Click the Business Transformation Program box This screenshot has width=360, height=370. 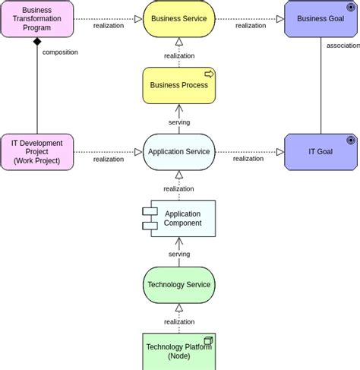click(37, 19)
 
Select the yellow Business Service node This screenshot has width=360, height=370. click(179, 19)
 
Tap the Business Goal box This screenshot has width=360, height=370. click(321, 19)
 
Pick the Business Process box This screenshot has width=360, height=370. click(179, 85)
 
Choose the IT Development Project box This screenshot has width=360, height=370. click(37, 152)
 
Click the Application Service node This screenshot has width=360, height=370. click(179, 152)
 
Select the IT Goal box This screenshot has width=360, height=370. click(321, 152)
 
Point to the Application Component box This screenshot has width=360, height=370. click(179, 219)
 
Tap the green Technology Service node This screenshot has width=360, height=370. click(179, 285)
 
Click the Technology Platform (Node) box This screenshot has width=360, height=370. click(179, 352)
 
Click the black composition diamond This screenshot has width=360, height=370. click(37, 42)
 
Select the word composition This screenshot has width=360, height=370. click(60, 52)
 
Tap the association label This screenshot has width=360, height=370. click(343, 46)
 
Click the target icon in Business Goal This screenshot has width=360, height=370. click(351, 8)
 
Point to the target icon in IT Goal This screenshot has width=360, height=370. click(351, 140)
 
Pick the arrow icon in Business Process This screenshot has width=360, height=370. click(209, 74)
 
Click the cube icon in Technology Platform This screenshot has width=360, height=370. click(208, 340)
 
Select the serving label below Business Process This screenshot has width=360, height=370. click(179, 122)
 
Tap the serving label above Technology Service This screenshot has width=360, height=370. click(179, 254)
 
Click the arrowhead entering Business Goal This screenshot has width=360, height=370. click(280, 19)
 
